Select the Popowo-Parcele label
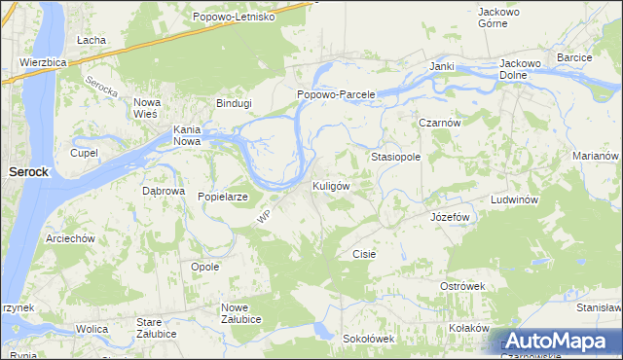(335, 94)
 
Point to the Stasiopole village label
(395, 156)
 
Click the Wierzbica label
(43, 61)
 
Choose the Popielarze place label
(223, 197)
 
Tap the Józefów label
(450, 217)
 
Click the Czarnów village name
(439, 124)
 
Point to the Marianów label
(596, 156)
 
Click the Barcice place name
(574, 58)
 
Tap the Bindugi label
(234, 102)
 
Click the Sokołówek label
(368, 339)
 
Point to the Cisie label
(363, 253)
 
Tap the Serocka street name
(101, 90)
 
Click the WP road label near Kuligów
(263, 220)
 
